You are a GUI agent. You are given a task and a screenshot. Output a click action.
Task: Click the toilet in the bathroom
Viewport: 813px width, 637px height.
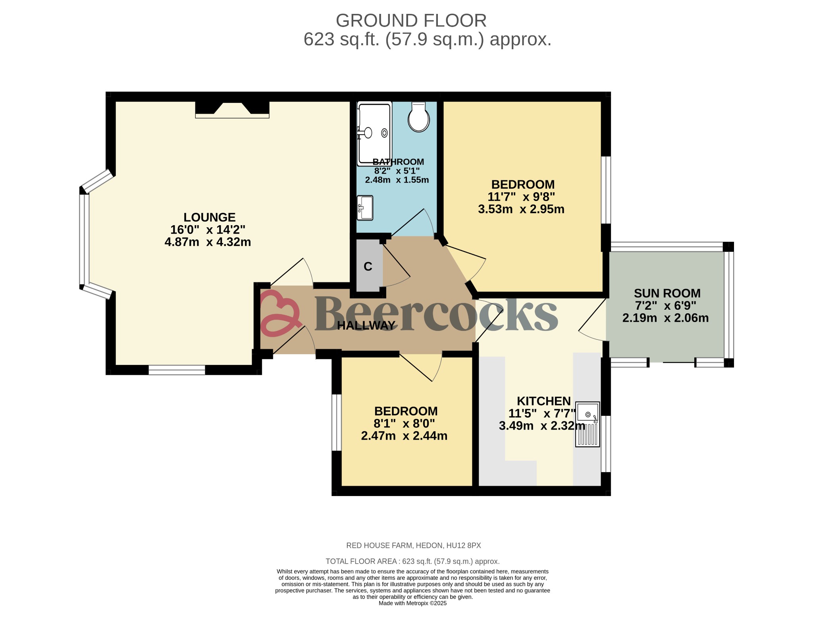[419, 118]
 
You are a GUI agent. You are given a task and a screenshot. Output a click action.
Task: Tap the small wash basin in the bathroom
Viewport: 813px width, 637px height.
[365, 208]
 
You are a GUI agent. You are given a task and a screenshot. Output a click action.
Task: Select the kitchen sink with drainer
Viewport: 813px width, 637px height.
[588, 424]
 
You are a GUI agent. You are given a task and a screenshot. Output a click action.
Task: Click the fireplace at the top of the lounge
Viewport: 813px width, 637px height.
[232, 110]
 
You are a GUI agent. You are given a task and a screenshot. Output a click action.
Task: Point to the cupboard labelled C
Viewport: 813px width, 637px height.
[368, 266]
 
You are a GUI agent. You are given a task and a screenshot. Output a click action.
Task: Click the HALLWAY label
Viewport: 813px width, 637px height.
[366, 326]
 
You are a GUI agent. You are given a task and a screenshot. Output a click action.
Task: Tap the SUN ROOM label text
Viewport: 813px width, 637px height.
[667, 293]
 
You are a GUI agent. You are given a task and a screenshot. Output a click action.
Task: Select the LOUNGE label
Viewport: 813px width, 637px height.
[209, 217]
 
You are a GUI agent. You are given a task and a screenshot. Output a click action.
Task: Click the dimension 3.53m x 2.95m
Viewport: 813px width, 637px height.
[521, 209]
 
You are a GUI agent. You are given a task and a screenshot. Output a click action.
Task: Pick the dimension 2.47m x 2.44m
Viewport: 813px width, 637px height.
[404, 436]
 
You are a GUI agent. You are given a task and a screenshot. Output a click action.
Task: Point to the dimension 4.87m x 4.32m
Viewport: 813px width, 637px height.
[208, 242]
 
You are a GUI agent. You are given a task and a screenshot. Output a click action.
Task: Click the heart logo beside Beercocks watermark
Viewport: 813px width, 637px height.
[279, 313]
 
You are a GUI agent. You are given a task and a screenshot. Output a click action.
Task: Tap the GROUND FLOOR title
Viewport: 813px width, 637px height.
[411, 21]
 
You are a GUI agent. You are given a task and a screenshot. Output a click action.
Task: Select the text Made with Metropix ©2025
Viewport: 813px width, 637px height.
[412, 603]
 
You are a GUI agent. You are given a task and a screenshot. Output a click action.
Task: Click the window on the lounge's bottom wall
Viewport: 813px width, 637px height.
[177, 370]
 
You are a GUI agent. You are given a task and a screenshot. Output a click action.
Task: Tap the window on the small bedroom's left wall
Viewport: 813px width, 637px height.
[336, 422]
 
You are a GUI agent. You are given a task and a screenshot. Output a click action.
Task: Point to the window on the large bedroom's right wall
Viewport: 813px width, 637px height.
[606, 190]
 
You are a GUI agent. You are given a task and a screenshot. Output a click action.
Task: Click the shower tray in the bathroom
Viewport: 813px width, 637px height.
[374, 133]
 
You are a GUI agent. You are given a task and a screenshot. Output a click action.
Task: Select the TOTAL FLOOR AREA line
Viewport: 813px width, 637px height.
[412, 562]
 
